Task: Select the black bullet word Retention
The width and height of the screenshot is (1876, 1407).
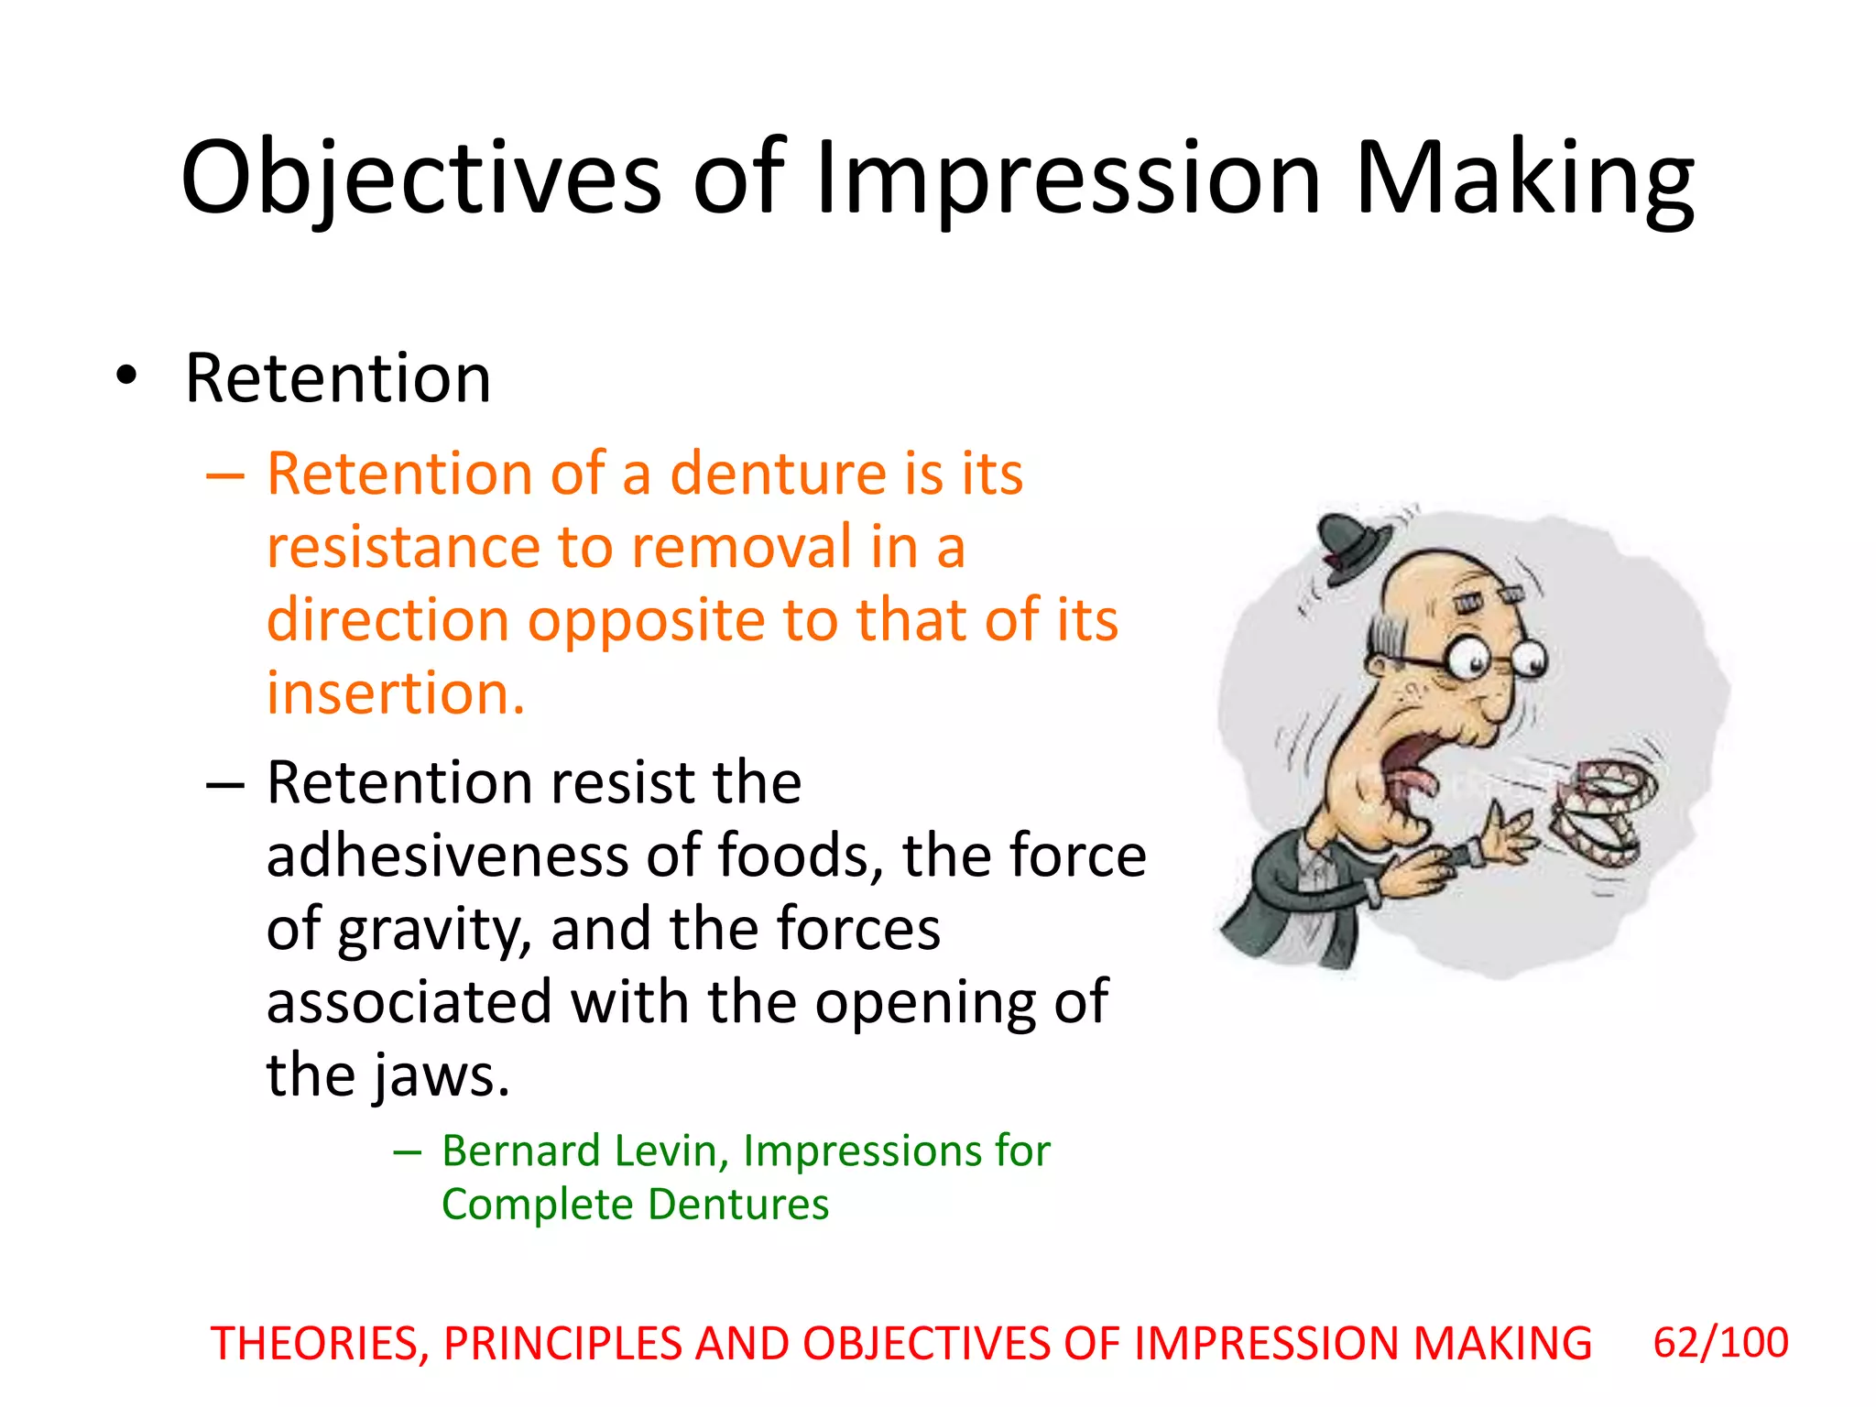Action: pos(338,377)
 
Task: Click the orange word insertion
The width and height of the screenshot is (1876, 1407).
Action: pos(396,693)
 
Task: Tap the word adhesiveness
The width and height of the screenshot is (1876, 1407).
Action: pos(447,856)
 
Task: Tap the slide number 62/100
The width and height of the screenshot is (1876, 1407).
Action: pos(1720,1343)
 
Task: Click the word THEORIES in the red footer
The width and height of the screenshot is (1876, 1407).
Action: pos(320,1344)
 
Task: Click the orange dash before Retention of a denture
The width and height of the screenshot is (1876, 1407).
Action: pos(225,476)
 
